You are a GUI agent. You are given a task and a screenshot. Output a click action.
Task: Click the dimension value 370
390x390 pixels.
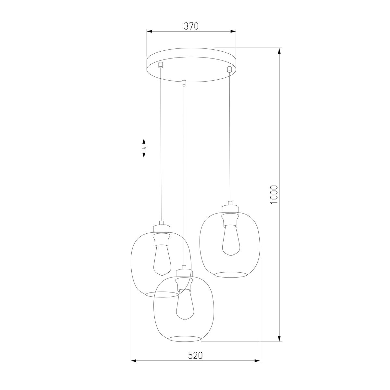click(x=191, y=26)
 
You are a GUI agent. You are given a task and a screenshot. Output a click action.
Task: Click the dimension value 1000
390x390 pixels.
click(x=274, y=194)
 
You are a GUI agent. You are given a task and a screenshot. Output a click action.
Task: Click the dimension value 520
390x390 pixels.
click(x=195, y=355)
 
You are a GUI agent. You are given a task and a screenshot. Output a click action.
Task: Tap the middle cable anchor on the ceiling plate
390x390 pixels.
click(x=184, y=83)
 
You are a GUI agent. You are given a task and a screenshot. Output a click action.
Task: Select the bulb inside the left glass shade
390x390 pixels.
click(x=162, y=260)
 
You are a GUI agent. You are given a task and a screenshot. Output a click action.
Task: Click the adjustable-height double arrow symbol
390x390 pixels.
click(x=144, y=148)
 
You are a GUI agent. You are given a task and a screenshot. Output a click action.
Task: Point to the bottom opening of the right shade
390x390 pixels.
click(x=231, y=275)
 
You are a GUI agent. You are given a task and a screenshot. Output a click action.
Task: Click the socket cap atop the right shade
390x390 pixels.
click(x=230, y=207)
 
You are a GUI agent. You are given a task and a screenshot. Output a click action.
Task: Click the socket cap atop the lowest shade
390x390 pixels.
click(x=184, y=271)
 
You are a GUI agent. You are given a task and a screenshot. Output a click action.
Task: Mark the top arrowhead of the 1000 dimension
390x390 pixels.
click(x=279, y=51)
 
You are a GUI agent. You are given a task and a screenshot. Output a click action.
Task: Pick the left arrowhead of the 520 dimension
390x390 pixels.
click(x=133, y=361)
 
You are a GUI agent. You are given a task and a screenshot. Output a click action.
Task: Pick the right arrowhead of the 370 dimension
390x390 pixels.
click(x=233, y=32)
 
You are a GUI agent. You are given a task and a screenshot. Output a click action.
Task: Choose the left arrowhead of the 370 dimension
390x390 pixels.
click(x=149, y=32)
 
